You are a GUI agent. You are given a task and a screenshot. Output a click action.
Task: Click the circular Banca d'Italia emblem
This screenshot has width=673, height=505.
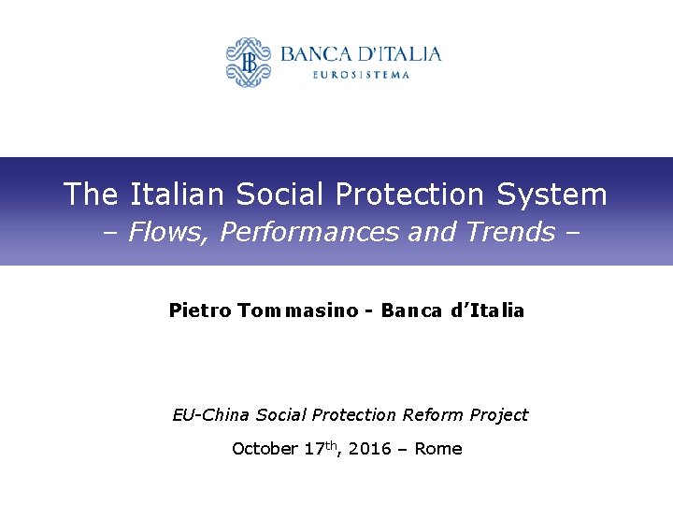pos(248,62)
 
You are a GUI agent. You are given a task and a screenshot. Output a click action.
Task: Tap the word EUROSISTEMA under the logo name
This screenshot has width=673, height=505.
pos(360,75)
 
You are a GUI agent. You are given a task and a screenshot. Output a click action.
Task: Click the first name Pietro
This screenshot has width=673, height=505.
pos(199,310)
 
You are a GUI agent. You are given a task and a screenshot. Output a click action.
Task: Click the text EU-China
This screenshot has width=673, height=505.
pos(211,414)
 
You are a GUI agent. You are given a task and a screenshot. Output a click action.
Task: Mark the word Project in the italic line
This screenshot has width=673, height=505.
pos(497,414)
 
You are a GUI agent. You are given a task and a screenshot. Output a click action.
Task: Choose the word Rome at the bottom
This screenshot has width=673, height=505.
pos(438,449)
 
